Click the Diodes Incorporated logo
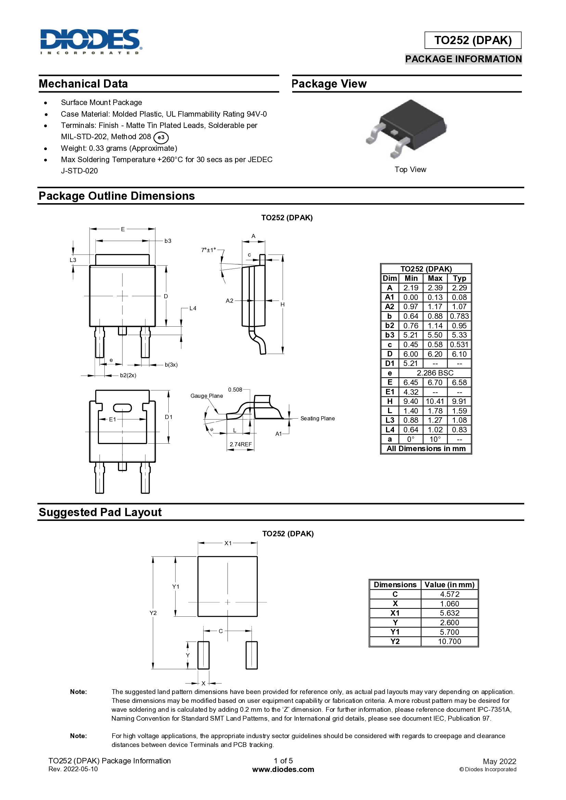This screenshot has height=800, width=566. [91, 41]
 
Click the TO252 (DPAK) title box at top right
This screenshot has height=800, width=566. [473, 40]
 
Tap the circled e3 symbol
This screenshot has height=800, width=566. [161, 137]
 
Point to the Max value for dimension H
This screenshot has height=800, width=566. [435, 402]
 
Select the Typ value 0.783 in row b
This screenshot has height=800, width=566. [459, 316]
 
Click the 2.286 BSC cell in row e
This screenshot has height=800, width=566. [435, 373]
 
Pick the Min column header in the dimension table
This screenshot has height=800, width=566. [411, 278]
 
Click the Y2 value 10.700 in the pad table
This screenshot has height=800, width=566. [449, 641]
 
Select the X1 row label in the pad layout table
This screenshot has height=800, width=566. [395, 613]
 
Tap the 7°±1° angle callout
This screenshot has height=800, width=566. [208, 250]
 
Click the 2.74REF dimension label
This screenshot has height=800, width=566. [241, 444]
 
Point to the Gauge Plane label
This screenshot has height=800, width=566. [207, 396]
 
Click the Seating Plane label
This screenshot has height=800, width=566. [318, 418]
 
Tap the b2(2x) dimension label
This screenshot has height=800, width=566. [128, 375]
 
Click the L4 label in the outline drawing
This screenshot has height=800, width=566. [193, 309]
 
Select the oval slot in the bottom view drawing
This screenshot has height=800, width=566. [122, 408]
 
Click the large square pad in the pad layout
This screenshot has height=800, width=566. [228, 586]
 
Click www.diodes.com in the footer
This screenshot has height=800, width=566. [283, 769]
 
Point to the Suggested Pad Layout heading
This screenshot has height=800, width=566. [100, 512]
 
